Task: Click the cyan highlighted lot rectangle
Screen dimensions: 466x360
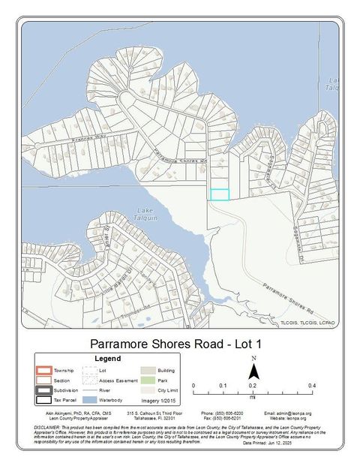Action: click(219, 194)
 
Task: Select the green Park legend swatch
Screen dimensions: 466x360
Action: click(147, 380)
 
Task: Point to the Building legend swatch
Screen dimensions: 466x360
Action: click(147, 370)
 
